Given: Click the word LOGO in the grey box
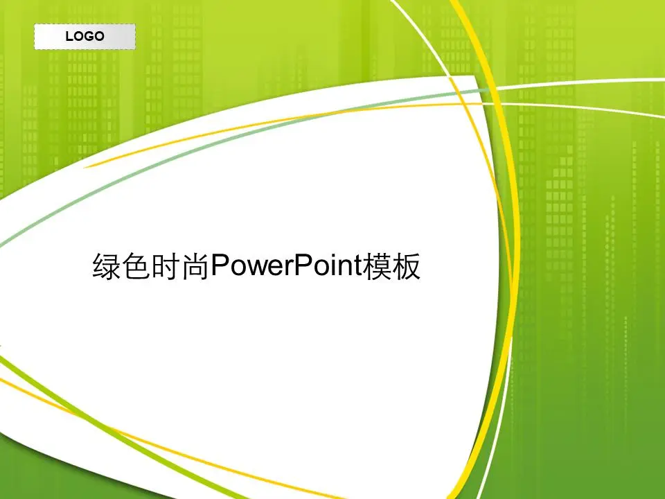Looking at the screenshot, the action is (x=85, y=36).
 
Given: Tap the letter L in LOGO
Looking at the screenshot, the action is (x=69, y=36).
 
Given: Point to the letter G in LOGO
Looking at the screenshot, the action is (x=89, y=36).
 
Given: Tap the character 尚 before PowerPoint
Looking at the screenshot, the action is (x=195, y=266).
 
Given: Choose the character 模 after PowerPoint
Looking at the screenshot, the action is (x=377, y=266).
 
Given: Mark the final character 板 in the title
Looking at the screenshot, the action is (x=406, y=266).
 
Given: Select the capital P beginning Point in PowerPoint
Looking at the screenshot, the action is (x=301, y=265).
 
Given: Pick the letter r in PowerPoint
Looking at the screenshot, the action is (x=287, y=269).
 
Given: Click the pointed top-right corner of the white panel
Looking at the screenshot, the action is (x=474, y=76).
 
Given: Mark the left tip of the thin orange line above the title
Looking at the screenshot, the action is (x=84, y=167).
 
